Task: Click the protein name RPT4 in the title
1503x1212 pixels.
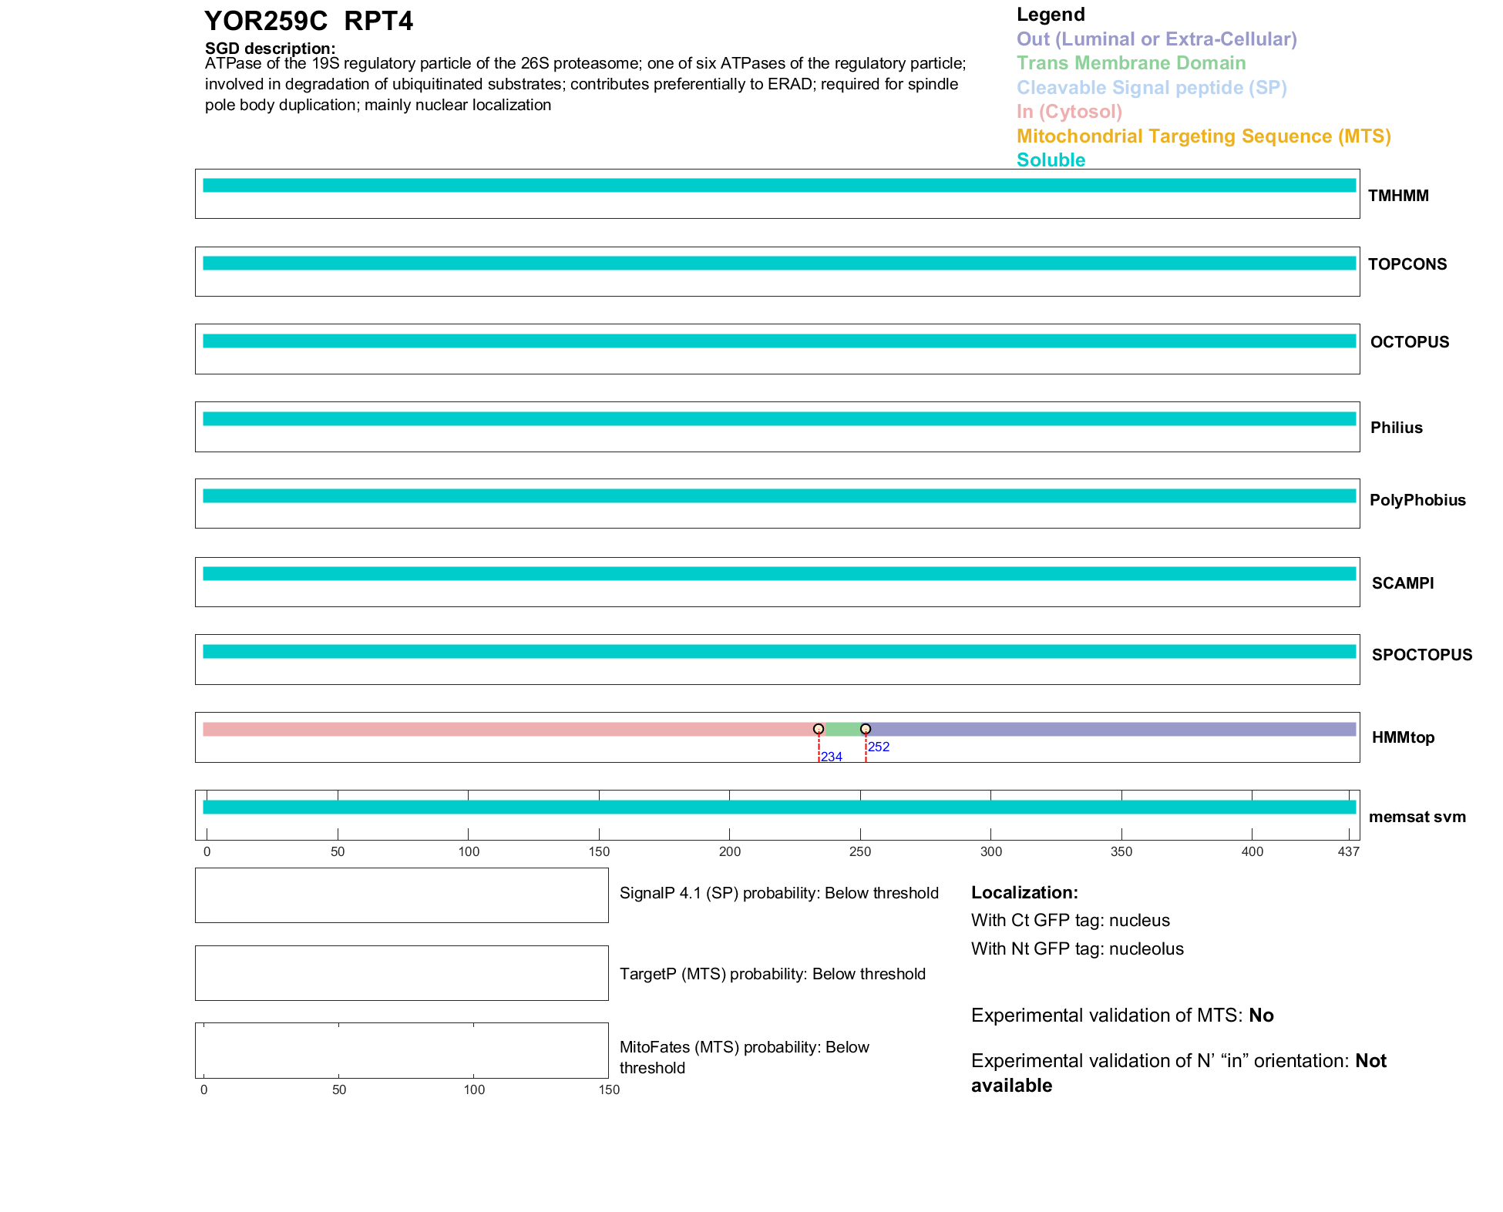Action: click(x=378, y=22)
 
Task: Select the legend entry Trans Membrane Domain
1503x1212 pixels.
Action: click(x=1131, y=63)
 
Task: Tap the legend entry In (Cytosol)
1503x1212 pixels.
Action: click(x=1069, y=112)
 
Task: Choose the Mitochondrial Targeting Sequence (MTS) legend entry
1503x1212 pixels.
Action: click(x=1203, y=136)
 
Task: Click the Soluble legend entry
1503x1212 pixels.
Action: click(x=1051, y=160)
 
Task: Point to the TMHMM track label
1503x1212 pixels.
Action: click(x=1398, y=196)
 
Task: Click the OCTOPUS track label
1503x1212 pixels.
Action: click(x=1409, y=342)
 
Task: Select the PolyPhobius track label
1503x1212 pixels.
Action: click(x=1417, y=500)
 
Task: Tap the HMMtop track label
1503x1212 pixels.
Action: click(x=1403, y=737)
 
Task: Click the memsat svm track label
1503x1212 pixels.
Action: click(x=1417, y=817)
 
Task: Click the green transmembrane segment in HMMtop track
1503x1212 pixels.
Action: click(x=842, y=729)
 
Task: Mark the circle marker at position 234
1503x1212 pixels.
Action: click(x=819, y=729)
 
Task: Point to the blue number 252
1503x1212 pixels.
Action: click(x=879, y=747)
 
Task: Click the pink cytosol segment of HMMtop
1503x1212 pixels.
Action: click(x=509, y=729)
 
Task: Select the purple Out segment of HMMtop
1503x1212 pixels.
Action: click(x=1110, y=729)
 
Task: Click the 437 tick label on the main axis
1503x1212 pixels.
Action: click(x=1348, y=851)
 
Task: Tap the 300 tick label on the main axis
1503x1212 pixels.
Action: click(x=991, y=851)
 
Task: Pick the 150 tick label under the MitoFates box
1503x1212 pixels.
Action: click(x=609, y=1089)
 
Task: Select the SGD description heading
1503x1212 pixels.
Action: click(x=270, y=49)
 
